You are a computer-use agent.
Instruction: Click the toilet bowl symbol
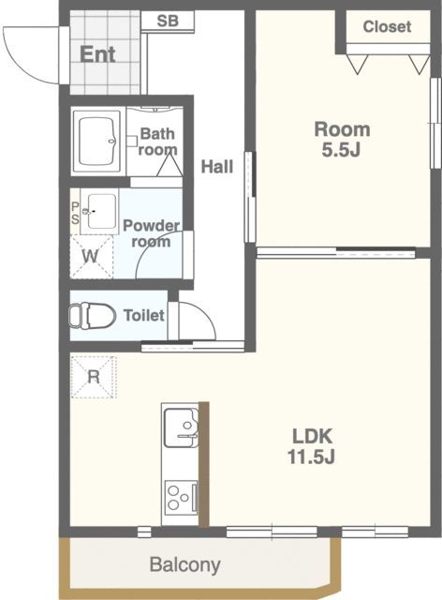(92, 316)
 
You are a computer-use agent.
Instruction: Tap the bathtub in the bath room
(98, 142)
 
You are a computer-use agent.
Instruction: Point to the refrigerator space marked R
(94, 377)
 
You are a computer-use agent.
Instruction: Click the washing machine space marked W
(92, 256)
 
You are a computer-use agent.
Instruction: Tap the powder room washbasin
(100, 211)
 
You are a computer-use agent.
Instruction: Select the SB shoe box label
(168, 21)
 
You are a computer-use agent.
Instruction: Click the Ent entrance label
(97, 54)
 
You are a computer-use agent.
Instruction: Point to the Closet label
(387, 27)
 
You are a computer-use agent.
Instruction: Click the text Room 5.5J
(342, 140)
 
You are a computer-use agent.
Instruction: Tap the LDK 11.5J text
(312, 446)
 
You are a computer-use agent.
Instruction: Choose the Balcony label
(185, 564)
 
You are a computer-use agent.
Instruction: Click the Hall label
(217, 167)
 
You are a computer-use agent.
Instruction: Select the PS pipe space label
(75, 213)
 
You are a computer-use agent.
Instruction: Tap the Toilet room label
(144, 315)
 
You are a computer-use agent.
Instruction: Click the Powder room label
(152, 233)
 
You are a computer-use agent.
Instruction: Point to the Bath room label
(158, 142)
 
